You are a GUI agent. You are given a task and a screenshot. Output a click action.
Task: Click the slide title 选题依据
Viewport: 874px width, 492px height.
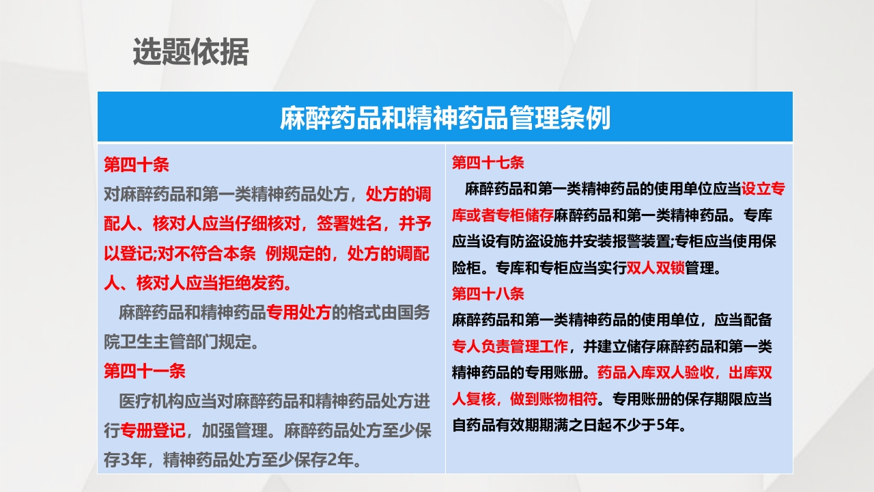pos(191,53)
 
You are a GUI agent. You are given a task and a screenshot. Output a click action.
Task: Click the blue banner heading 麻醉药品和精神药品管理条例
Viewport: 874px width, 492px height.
pos(445,118)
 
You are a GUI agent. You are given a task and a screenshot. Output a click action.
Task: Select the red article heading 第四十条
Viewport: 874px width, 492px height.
pos(136,165)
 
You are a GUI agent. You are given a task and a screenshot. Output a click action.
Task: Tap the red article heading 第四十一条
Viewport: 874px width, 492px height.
pos(144,371)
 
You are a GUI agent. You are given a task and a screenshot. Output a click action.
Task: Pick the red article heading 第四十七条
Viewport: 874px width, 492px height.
pos(488,163)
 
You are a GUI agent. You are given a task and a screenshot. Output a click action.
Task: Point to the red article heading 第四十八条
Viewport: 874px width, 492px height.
pos(488,294)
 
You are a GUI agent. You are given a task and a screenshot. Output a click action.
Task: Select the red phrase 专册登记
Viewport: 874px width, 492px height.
pos(152,431)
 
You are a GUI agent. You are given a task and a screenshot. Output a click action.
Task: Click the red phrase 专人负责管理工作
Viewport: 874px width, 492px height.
pos(510,346)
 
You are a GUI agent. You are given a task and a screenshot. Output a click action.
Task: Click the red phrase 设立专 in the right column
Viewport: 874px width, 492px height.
pos(763,189)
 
